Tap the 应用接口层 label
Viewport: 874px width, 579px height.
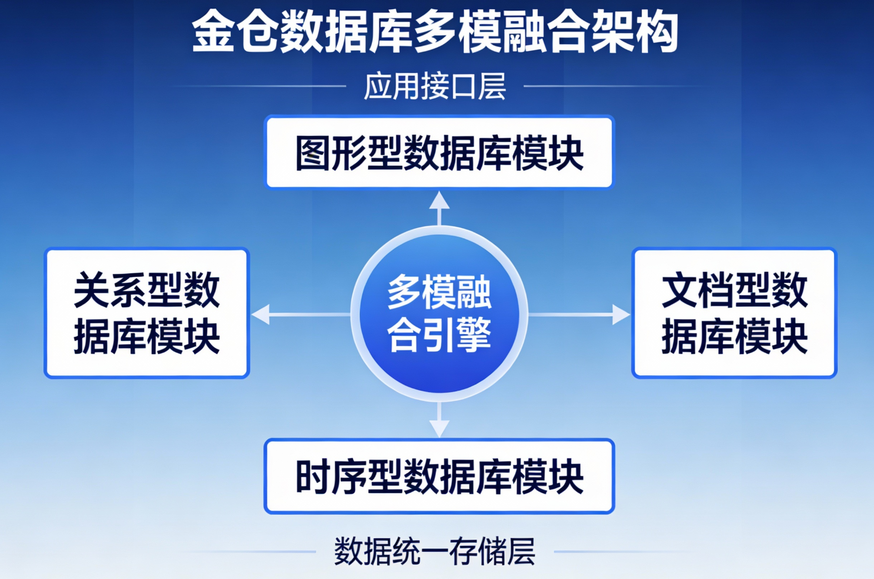point(435,86)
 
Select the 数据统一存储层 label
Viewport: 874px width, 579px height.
point(435,551)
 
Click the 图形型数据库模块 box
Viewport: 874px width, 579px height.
point(439,152)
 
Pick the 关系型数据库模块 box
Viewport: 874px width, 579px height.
point(147,313)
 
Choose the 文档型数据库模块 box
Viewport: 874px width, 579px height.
point(734,313)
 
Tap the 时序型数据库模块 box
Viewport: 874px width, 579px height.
point(439,476)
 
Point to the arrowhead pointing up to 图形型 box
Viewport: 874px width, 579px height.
point(440,201)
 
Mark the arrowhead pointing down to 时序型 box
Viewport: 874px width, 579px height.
point(440,428)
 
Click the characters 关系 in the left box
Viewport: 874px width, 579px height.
point(110,290)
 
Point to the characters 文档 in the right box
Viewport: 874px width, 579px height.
point(698,290)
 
